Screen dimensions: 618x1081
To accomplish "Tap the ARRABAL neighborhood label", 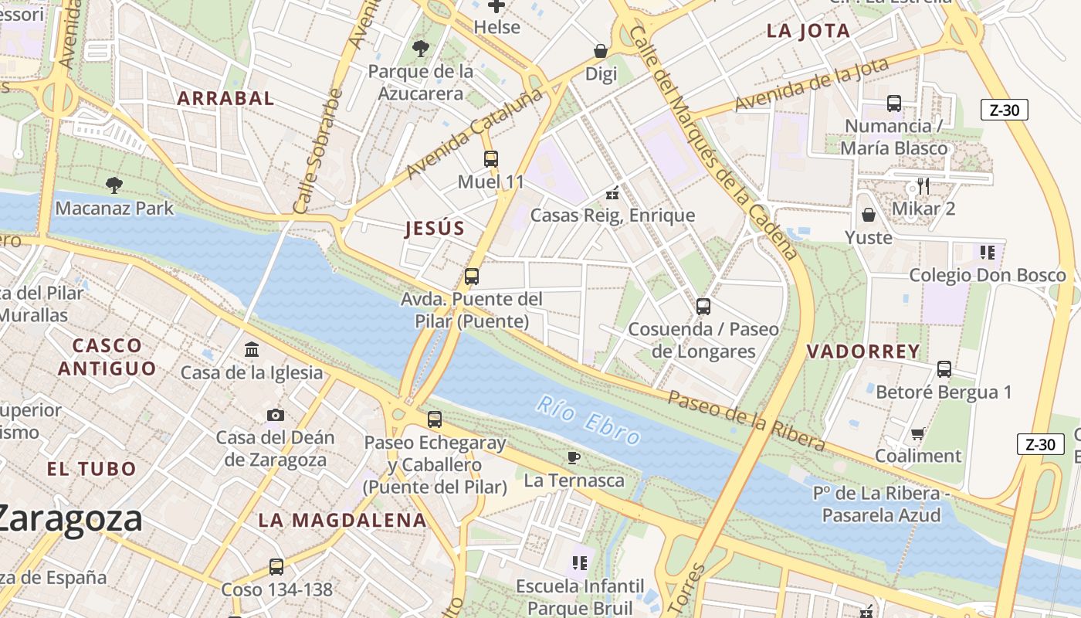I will pos(225,98).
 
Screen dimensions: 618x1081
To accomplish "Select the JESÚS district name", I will pos(435,228).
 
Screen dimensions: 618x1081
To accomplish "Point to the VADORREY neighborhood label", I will pos(863,351).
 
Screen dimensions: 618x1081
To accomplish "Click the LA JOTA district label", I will pos(808,31).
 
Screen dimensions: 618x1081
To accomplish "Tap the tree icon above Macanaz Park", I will pos(114,185).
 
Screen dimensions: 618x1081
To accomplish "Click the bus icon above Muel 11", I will pos(491,159).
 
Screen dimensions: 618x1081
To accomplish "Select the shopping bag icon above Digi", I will pos(601,51).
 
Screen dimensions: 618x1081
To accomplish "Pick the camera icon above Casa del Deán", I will pos(276,415).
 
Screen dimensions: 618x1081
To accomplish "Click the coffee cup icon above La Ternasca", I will pos(574,457).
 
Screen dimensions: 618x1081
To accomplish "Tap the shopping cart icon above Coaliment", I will pos(918,433).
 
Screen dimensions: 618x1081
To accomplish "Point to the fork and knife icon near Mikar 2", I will pos(923,185).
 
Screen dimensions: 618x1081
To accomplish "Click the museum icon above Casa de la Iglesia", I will pos(252,350).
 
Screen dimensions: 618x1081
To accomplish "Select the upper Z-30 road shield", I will pos(1004,110).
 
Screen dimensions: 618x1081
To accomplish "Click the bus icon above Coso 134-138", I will pos(276,567).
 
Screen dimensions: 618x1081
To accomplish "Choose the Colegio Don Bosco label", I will pos(987,275).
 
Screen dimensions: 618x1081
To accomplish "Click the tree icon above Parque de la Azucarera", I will pos(421,49).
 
